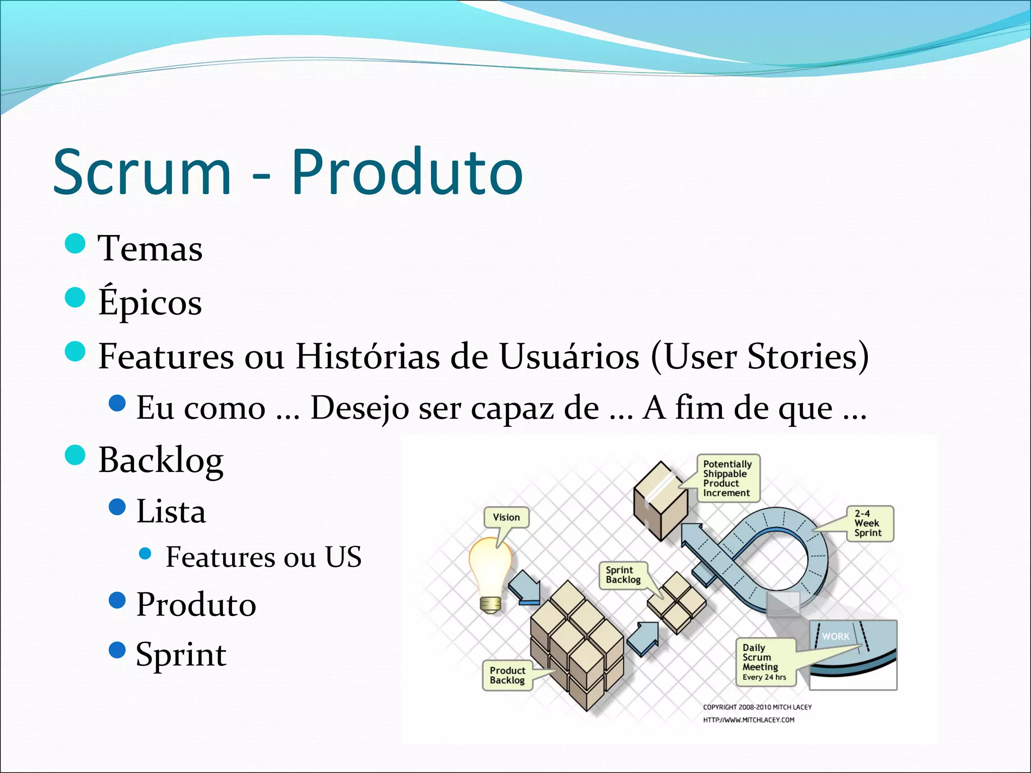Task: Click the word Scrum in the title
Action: [142, 172]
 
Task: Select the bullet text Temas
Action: [151, 249]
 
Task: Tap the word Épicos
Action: [150, 302]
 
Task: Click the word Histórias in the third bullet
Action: [366, 356]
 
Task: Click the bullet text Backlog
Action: [161, 460]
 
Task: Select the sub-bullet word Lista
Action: [171, 511]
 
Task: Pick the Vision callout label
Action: [506, 517]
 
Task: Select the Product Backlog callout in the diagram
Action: [507, 675]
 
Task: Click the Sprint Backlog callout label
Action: [623, 575]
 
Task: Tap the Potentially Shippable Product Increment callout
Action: [727, 478]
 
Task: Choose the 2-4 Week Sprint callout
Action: [868, 523]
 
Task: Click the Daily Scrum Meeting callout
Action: [764, 662]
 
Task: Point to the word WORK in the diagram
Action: [836, 637]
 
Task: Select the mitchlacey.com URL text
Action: [749, 720]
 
